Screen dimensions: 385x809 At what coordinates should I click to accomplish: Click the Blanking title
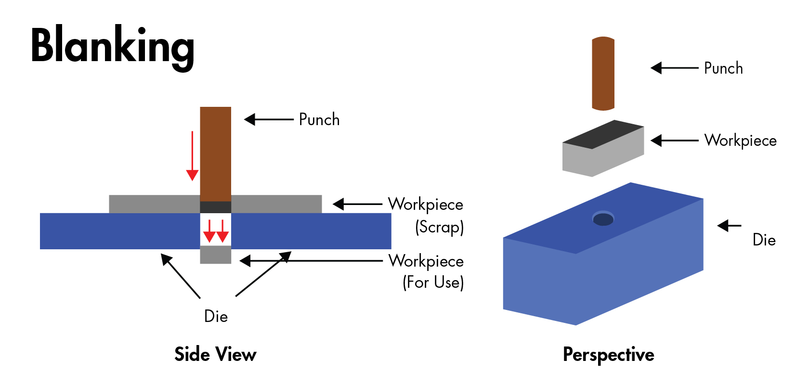[x=112, y=46]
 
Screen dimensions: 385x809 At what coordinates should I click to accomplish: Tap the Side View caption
[x=215, y=355]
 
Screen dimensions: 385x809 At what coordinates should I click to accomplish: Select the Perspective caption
[x=608, y=355]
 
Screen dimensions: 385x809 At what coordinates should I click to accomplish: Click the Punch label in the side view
[x=319, y=119]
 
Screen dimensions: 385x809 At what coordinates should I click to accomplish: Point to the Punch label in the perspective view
[x=723, y=68]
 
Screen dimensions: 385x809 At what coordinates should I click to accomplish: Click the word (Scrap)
[x=439, y=227]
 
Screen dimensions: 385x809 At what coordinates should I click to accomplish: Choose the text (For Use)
[x=433, y=282]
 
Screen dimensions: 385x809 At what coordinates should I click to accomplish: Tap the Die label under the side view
[x=216, y=316]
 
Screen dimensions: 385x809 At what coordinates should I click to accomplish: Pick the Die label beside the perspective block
[x=764, y=240]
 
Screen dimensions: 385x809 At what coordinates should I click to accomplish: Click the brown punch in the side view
[x=215, y=154]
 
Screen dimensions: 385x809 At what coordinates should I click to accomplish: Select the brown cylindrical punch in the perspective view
[x=603, y=73]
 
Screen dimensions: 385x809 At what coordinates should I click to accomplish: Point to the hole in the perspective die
[x=603, y=219]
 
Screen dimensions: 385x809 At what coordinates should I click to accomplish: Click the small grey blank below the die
[x=215, y=255]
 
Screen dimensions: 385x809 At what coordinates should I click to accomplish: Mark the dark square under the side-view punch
[x=215, y=207]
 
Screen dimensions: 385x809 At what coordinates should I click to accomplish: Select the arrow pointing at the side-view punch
[x=269, y=119]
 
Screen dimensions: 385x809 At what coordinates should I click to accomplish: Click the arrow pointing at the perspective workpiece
[x=674, y=141]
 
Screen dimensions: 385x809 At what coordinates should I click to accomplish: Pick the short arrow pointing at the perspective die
[x=729, y=225]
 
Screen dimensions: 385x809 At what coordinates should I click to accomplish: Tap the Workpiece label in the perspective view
[x=740, y=141]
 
